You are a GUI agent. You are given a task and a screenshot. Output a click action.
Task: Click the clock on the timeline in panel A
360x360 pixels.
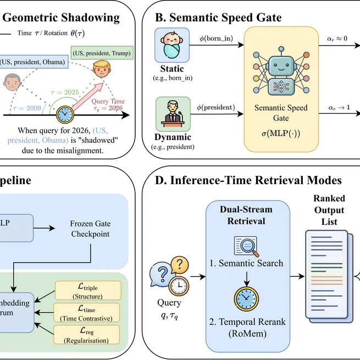[66, 114]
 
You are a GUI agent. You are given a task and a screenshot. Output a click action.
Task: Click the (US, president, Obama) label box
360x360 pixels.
[34, 62]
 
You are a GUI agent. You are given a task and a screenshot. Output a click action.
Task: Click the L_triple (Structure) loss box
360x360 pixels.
[87, 289]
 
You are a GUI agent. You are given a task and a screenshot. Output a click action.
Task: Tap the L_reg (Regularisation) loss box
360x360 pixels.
[87, 334]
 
